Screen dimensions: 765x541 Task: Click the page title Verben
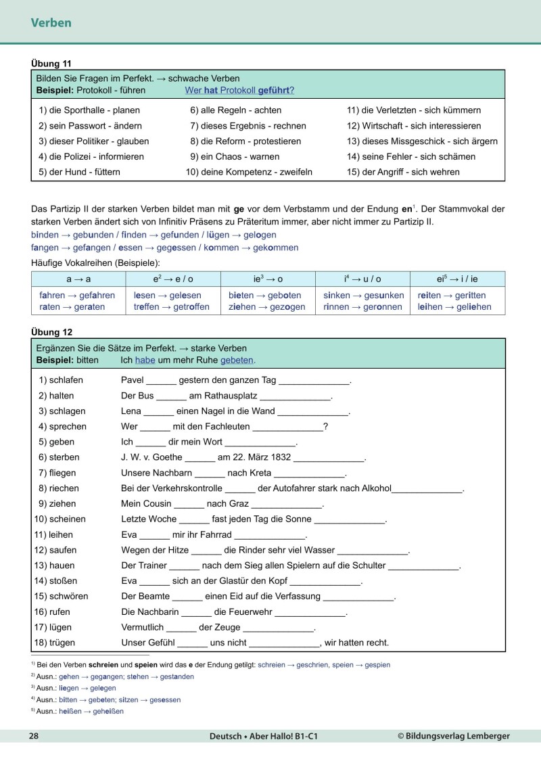click(51, 23)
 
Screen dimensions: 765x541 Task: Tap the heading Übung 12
click(51, 332)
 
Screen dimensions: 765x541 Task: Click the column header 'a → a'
click(77, 279)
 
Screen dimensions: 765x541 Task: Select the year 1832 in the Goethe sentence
click(279, 457)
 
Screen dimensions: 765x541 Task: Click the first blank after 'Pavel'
click(161, 381)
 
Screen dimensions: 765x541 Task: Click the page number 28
click(33, 736)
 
